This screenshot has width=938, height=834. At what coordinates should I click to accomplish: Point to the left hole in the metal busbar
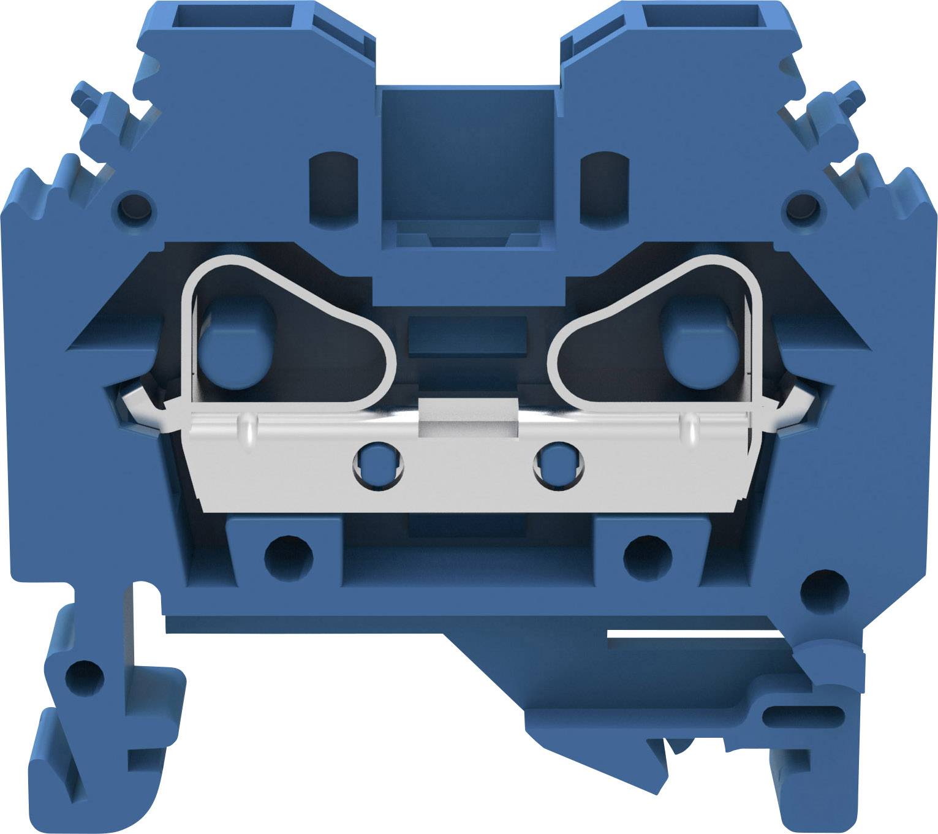point(378,467)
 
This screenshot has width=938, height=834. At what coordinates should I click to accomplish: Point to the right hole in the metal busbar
point(559,467)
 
